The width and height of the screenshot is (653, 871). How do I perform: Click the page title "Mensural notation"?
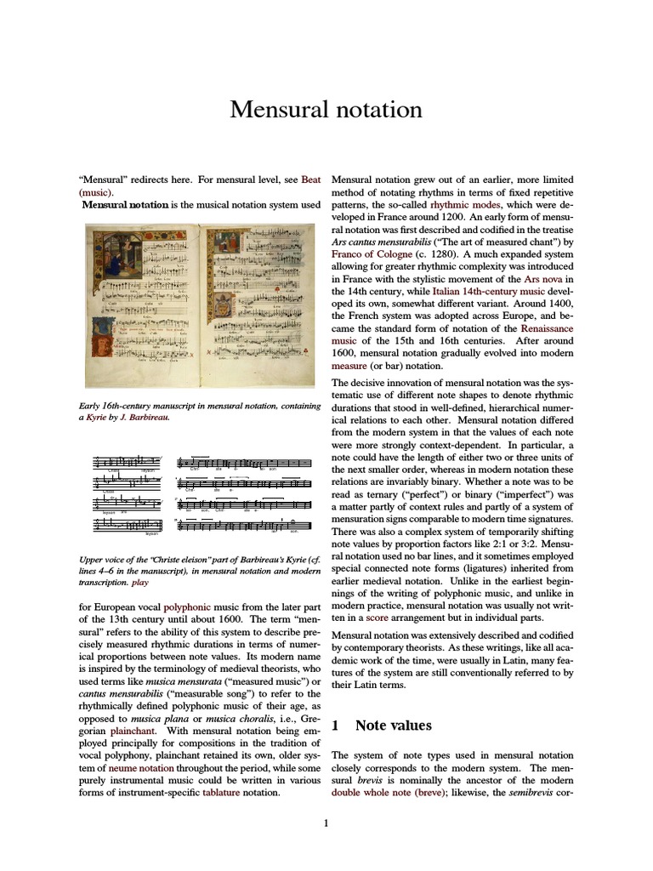(326, 110)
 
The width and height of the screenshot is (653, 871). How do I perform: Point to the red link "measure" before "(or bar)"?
(349, 366)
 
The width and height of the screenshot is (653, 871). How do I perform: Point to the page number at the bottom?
(326, 823)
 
